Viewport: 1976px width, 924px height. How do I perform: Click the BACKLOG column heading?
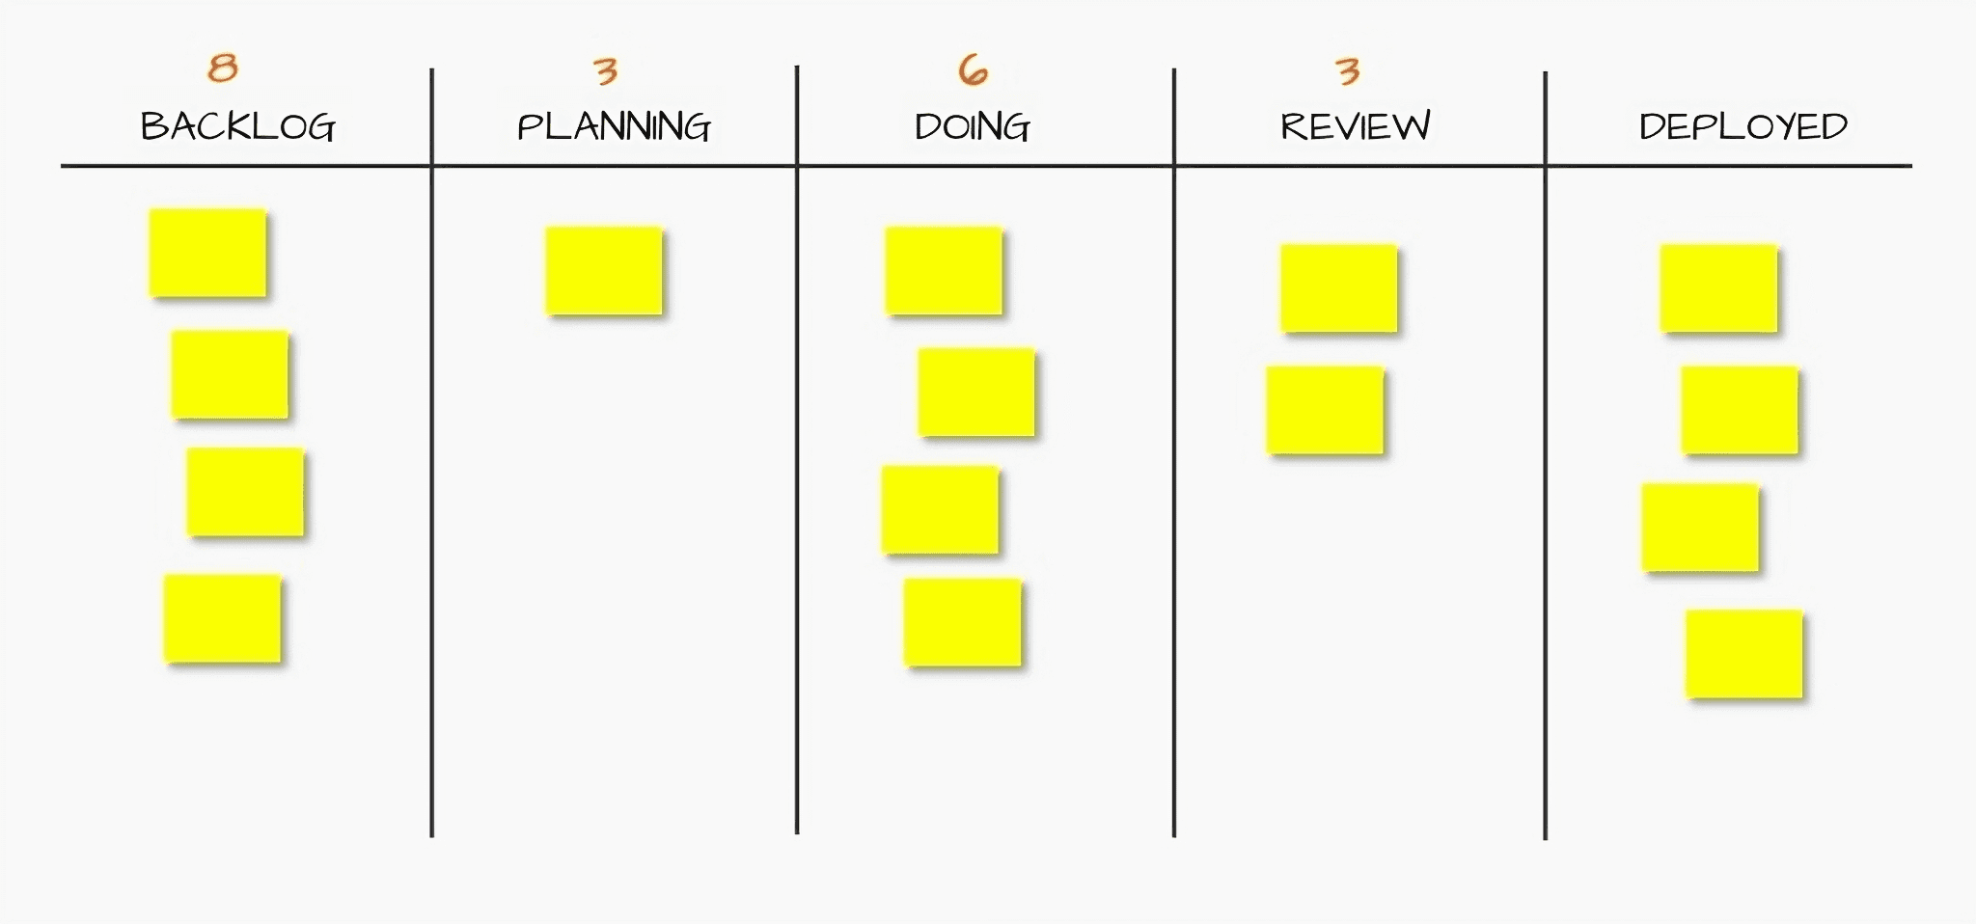pos(237,126)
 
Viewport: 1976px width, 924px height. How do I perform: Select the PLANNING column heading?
pos(614,126)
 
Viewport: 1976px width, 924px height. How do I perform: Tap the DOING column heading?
pos(972,126)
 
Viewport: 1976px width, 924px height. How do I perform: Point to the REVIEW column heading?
pos(1355,126)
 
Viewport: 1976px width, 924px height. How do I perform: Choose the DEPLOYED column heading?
pos(1743,126)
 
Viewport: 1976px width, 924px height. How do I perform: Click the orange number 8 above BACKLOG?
pos(223,68)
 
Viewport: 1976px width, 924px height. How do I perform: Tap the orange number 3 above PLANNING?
pos(605,70)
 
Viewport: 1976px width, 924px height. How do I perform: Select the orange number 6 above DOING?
pos(973,69)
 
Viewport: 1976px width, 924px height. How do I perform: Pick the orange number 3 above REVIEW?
pos(1347,70)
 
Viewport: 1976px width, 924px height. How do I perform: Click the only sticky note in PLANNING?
pos(604,271)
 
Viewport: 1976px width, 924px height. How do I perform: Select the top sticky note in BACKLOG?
pos(207,253)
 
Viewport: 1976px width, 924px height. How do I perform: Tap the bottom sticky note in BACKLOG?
pos(222,618)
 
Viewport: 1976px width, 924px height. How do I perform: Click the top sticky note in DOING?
pos(944,271)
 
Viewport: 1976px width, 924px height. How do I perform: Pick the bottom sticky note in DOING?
pos(962,622)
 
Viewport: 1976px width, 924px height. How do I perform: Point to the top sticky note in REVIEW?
pos(1338,288)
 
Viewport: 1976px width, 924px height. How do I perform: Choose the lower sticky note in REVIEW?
pos(1325,410)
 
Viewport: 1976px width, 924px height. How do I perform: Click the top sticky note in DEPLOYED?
pos(1718,288)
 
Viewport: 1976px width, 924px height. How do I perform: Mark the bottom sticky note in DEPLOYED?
pos(1743,653)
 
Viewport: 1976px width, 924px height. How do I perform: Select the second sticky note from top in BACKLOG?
pos(230,374)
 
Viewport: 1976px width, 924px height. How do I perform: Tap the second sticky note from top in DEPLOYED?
pos(1739,410)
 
